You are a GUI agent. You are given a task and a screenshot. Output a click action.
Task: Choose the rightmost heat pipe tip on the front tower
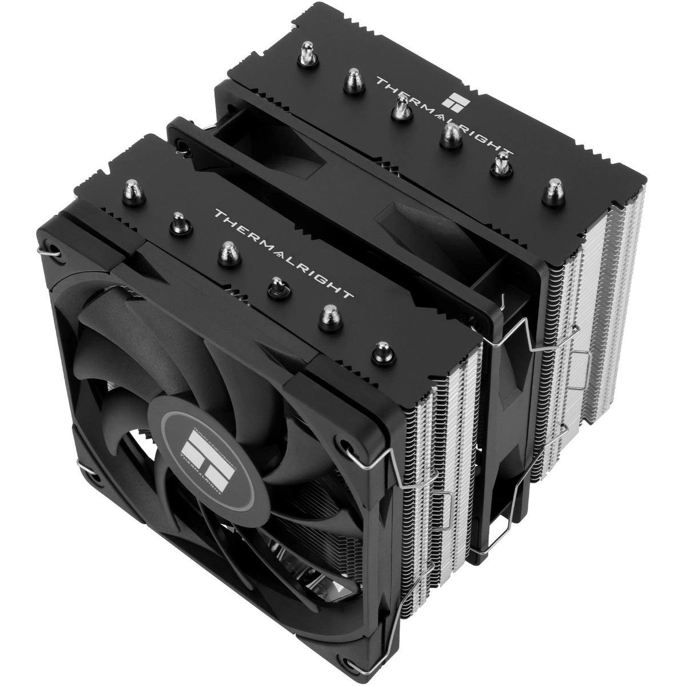pyautogui.click(x=379, y=350)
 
